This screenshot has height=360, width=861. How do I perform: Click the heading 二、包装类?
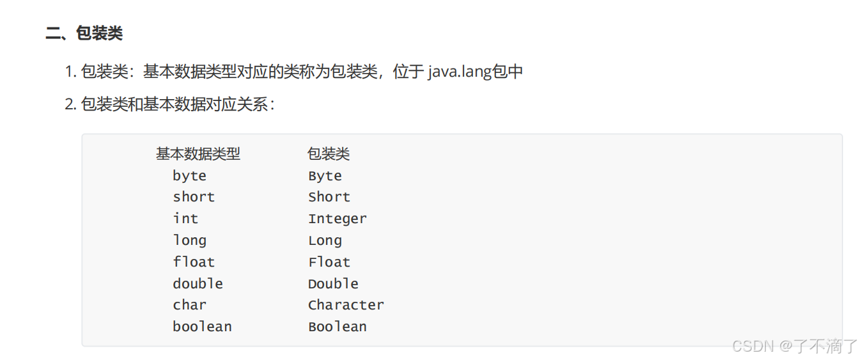(84, 33)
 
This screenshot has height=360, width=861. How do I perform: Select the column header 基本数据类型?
(198, 153)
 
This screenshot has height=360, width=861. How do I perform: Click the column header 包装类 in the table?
(329, 153)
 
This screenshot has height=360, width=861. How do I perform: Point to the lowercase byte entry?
(189, 176)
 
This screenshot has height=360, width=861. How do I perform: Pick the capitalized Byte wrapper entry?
(325, 176)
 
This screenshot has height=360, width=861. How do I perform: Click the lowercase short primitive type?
(194, 197)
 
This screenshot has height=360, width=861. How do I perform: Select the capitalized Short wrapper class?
(329, 197)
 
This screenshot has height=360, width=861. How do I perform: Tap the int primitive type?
(185, 219)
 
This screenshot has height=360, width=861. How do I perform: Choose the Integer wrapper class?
(337, 219)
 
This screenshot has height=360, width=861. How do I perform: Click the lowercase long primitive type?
(189, 240)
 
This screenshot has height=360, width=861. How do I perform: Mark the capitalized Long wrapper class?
(325, 240)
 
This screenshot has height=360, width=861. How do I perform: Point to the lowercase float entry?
(194, 262)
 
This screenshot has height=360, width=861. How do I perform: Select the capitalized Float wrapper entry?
(329, 262)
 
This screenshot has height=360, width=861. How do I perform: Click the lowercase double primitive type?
(198, 283)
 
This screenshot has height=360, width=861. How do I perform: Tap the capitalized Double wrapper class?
(333, 283)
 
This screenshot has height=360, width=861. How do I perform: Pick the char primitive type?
(189, 305)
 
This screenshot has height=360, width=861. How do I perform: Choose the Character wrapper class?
(346, 305)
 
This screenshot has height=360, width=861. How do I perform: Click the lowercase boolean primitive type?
(202, 327)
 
